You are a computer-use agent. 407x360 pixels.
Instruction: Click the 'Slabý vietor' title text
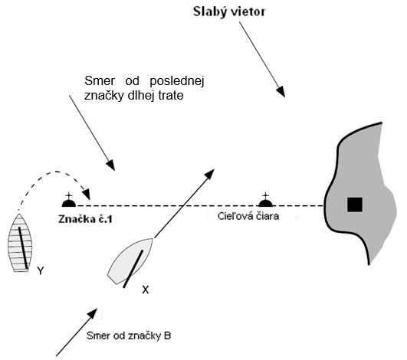pyautogui.click(x=229, y=12)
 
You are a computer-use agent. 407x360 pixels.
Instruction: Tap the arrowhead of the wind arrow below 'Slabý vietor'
pyautogui.click(x=281, y=91)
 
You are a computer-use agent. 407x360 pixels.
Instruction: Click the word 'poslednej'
pyautogui.click(x=177, y=81)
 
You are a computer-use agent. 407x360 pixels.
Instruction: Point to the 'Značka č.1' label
pyautogui.click(x=85, y=219)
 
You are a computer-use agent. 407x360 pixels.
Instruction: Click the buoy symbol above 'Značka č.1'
pyautogui.click(x=69, y=200)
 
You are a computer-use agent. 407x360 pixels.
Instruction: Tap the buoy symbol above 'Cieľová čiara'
pyautogui.click(x=265, y=200)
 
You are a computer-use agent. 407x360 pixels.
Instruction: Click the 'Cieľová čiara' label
pyautogui.click(x=248, y=216)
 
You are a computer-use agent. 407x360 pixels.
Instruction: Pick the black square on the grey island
pyautogui.click(x=355, y=205)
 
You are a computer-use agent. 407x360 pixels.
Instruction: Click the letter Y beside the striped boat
pyautogui.click(x=41, y=271)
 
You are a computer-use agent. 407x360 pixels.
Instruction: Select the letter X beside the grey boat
pyautogui.click(x=146, y=290)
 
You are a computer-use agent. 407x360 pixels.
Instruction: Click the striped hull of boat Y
pyautogui.click(x=20, y=243)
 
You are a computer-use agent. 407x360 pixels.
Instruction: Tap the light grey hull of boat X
pyautogui.click(x=130, y=260)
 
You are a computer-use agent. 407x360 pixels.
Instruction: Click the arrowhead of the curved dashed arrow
pyautogui.click(x=87, y=194)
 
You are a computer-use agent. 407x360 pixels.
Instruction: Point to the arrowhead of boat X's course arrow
pyautogui.click(x=209, y=174)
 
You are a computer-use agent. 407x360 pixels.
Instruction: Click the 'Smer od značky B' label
pyautogui.click(x=129, y=335)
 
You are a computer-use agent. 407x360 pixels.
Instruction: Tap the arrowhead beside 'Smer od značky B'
pyautogui.click(x=93, y=313)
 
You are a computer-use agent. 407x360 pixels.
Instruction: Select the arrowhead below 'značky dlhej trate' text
pyautogui.click(x=110, y=165)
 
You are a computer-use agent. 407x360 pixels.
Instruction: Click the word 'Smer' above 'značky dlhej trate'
pyautogui.click(x=100, y=81)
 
